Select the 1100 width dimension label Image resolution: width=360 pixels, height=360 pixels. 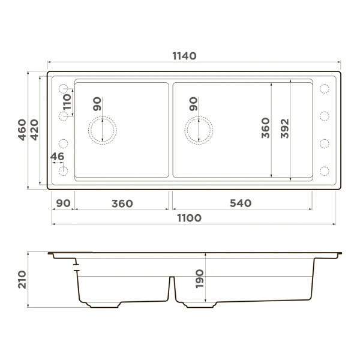[189, 218]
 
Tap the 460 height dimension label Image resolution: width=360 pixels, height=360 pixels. [22, 130]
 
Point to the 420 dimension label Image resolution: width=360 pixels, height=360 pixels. [34, 130]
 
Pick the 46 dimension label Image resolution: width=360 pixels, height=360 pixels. [58, 157]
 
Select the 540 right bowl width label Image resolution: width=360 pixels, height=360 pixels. [240, 203]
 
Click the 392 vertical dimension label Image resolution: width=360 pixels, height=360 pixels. [284, 130]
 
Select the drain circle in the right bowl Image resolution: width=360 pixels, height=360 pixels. [199, 129]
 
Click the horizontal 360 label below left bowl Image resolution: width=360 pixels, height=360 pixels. [122, 203]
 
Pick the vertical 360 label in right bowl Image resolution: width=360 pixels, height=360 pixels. [265, 129]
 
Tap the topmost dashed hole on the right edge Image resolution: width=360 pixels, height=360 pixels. [325, 89]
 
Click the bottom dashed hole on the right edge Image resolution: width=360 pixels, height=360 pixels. [325, 170]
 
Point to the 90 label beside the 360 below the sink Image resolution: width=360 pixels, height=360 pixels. [63, 203]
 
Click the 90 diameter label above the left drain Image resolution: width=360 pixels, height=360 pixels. [97, 104]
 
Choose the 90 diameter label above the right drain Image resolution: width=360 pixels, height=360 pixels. [193, 104]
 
